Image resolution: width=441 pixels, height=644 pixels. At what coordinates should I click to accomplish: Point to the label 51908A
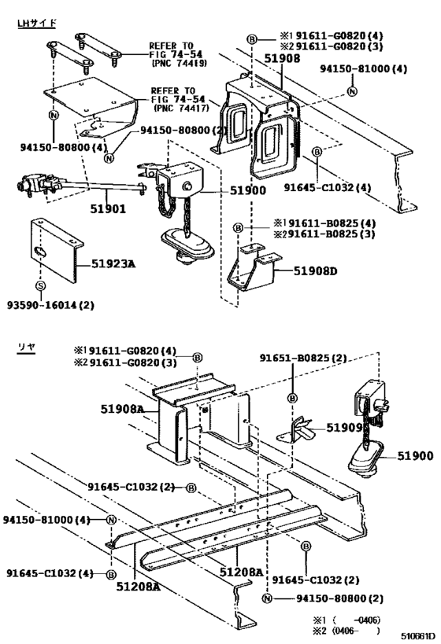point(122,409)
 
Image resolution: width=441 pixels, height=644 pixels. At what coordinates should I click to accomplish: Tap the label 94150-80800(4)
point(53,146)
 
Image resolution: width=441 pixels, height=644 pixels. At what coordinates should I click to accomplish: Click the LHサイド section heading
point(37,23)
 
